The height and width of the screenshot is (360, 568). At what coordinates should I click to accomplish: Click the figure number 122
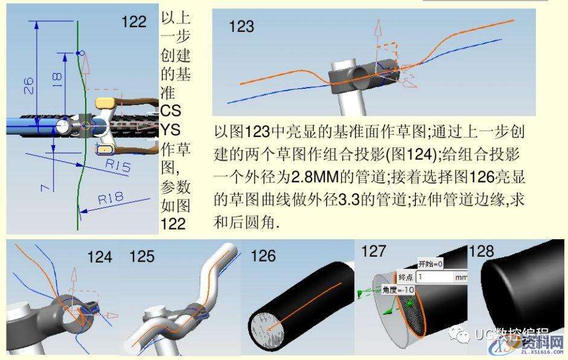click(x=134, y=22)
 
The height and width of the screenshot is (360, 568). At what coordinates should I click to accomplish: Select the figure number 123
click(x=241, y=27)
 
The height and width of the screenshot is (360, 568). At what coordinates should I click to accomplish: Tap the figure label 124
click(x=100, y=257)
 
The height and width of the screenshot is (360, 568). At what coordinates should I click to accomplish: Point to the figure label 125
click(x=142, y=256)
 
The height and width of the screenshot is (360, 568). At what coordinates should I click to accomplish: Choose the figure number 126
click(x=264, y=256)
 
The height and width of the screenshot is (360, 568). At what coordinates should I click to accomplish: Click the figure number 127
click(x=374, y=252)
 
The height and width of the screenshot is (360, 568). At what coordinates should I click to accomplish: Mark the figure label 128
click(x=482, y=251)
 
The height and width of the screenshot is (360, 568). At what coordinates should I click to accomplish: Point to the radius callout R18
click(x=110, y=198)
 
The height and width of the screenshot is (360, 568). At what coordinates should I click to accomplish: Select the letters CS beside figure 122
click(x=170, y=112)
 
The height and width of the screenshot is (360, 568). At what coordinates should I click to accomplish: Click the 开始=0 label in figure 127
click(x=431, y=264)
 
